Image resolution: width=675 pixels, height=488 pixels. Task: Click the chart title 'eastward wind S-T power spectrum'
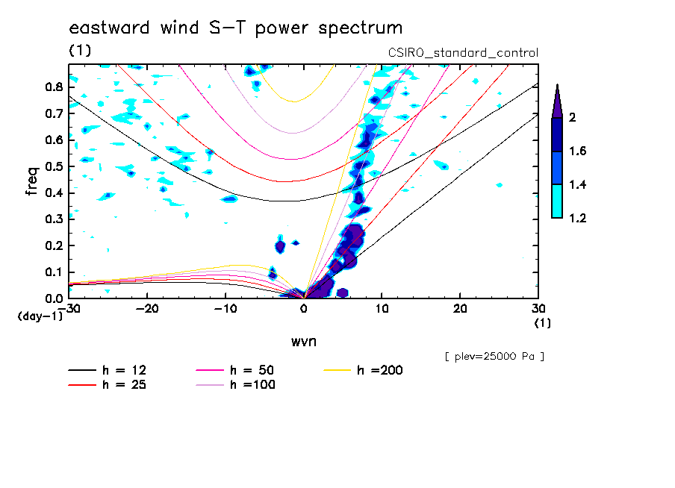point(235,28)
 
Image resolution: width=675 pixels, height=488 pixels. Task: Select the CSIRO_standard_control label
point(463,53)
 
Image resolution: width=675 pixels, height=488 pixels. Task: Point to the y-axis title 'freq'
point(31,181)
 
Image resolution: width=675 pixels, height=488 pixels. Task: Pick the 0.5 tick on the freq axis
point(53,166)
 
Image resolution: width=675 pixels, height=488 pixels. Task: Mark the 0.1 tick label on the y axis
point(53,272)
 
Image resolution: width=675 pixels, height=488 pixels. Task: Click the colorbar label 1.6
point(577,151)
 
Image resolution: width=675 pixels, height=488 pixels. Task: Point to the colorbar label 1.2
point(577,219)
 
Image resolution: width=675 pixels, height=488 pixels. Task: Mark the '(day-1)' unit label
point(41,316)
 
